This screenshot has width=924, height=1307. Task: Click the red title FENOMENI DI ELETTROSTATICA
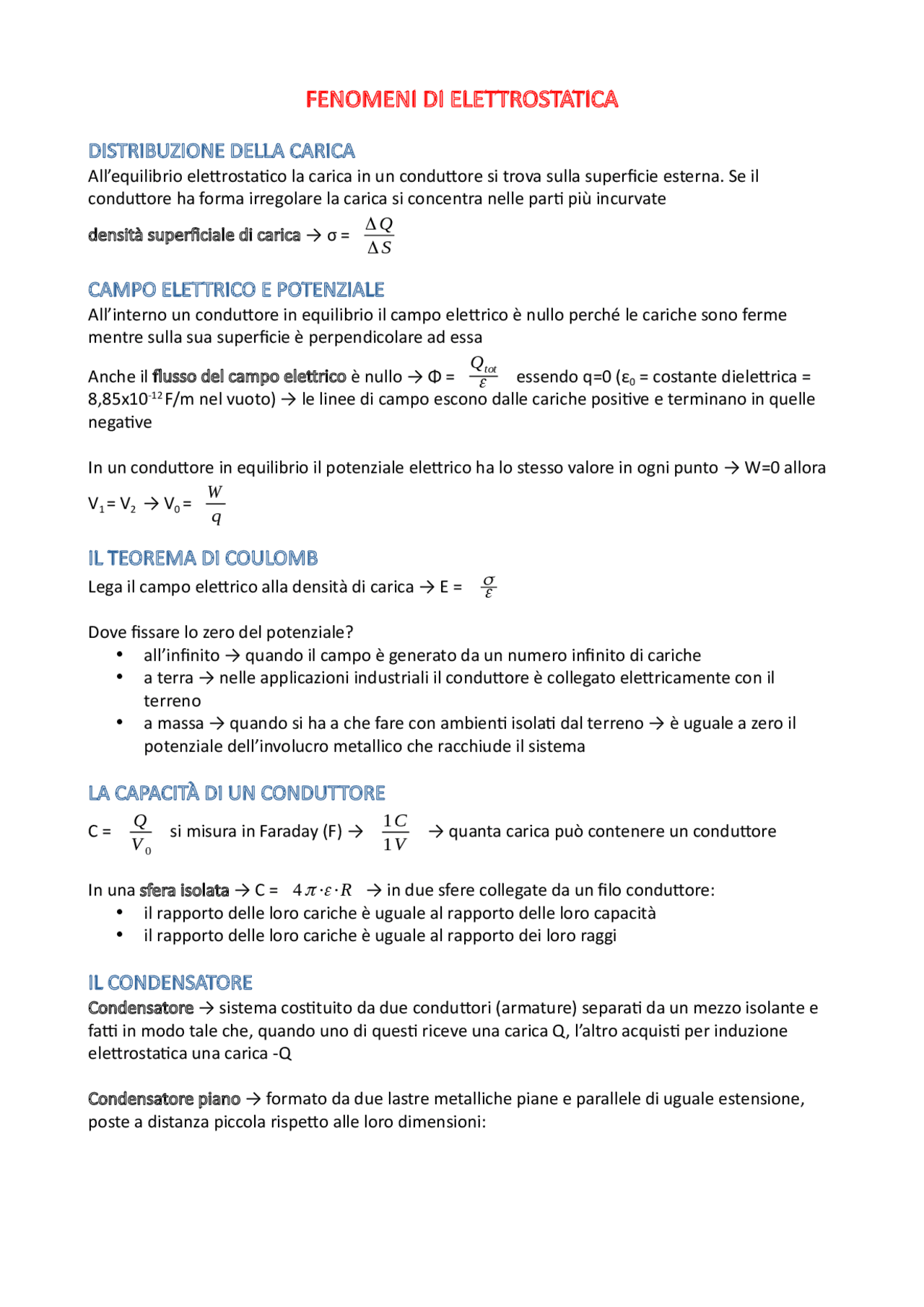461,99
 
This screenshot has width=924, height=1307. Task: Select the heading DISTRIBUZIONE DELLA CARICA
221,151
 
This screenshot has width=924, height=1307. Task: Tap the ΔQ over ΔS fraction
379,236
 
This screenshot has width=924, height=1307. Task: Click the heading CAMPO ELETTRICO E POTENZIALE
236,289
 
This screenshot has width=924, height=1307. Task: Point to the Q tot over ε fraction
483,372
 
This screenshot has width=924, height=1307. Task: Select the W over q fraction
215,504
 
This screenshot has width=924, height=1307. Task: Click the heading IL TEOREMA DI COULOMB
203,558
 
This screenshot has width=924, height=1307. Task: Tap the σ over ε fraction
489,587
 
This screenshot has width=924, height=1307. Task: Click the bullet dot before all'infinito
120,655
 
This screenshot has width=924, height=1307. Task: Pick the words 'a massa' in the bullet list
173,723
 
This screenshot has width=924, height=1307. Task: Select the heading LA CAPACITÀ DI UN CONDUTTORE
236,793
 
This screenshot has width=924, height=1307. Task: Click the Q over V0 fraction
141,833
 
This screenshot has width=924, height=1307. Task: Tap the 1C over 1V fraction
395,832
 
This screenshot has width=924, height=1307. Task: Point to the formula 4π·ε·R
322,890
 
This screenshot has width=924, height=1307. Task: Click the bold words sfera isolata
184,890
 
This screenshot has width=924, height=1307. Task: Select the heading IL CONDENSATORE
170,982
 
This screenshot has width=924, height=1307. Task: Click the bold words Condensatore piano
164,1098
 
